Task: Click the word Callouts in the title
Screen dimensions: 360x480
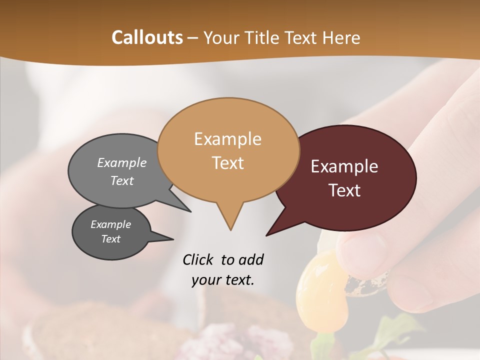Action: (x=147, y=37)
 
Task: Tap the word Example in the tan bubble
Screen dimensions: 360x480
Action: (x=227, y=139)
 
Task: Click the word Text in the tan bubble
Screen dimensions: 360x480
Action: (x=227, y=163)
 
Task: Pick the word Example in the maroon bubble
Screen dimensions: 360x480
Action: (x=344, y=166)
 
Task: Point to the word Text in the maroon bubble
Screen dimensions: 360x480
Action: (x=344, y=190)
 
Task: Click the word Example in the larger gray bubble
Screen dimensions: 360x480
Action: (x=122, y=163)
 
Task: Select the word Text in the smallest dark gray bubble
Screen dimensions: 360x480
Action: (x=111, y=239)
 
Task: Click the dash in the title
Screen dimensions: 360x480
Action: (x=193, y=37)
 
